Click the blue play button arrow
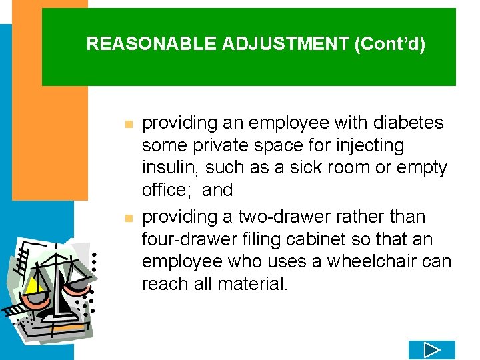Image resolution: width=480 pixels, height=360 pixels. pyautogui.click(x=431, y=349)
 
